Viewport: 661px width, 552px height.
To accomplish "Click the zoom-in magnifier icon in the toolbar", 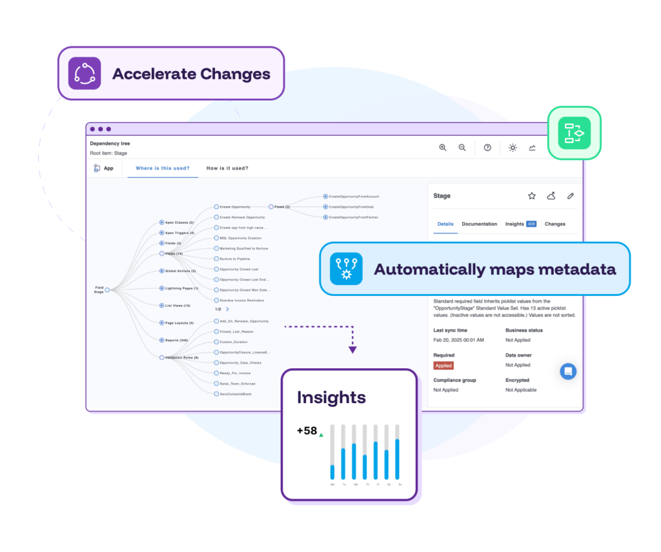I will [443, 148].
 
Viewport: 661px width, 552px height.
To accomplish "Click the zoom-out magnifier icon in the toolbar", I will [462, 148].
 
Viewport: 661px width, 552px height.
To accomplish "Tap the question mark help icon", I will [487, 148].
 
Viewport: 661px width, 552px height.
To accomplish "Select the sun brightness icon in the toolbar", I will [513, 148].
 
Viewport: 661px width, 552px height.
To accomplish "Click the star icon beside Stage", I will [532, 196].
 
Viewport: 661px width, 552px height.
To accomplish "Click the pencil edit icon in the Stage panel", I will [571, 196].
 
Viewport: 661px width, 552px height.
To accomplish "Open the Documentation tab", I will [479, 224].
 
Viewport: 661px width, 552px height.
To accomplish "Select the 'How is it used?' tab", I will [227, 168].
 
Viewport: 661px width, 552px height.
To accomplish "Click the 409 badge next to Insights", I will [531, 224].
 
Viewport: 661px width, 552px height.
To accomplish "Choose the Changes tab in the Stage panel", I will [555, 224].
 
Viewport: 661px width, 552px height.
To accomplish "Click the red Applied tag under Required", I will [443, 366].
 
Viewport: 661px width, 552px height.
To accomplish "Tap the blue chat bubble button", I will [568, 371].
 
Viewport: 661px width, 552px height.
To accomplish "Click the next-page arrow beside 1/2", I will [227, 310].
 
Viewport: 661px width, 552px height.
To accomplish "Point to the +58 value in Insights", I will [307, 431].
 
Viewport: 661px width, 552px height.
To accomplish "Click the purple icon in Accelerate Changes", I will [85, 74].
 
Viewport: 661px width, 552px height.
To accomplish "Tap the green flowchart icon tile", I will [574, 133].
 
